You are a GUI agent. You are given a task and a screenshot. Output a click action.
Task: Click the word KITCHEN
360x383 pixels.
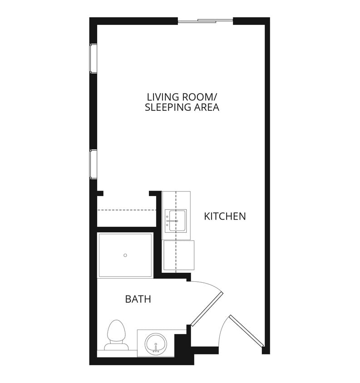pyautogui.click(x=225, y=216)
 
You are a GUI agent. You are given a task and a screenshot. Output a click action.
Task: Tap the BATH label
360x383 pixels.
pyautogui.click(x=138, y=300)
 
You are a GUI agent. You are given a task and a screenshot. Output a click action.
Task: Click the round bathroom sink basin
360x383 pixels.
pyautogui.click(x=156, y=343)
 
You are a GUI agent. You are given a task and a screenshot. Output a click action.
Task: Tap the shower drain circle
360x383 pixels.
pyautogui.click(x=125, y=255)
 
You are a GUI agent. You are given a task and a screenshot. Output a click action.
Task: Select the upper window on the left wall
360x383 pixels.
pyautogui.click(x=93, y=58)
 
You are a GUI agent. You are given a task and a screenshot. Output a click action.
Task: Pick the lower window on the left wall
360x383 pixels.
pyautogui.click(x=93, y=164)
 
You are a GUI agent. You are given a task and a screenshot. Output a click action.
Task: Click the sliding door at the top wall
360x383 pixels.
pyautogui.click(x=205, y=20)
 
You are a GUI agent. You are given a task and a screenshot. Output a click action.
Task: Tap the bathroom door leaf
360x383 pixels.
pyautogui.click(x=207, y=309)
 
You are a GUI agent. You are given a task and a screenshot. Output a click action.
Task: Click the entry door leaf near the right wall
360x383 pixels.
pyautogui.click(x=246, y=331)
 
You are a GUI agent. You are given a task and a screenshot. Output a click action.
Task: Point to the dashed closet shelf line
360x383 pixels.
pyautogui.click(x=127, y=210)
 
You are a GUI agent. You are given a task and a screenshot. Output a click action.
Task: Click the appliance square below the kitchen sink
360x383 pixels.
pyautogui.click(x=178, y=255)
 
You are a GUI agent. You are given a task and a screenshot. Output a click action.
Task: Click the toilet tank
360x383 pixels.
pyautogui.click(x=116, y=347)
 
